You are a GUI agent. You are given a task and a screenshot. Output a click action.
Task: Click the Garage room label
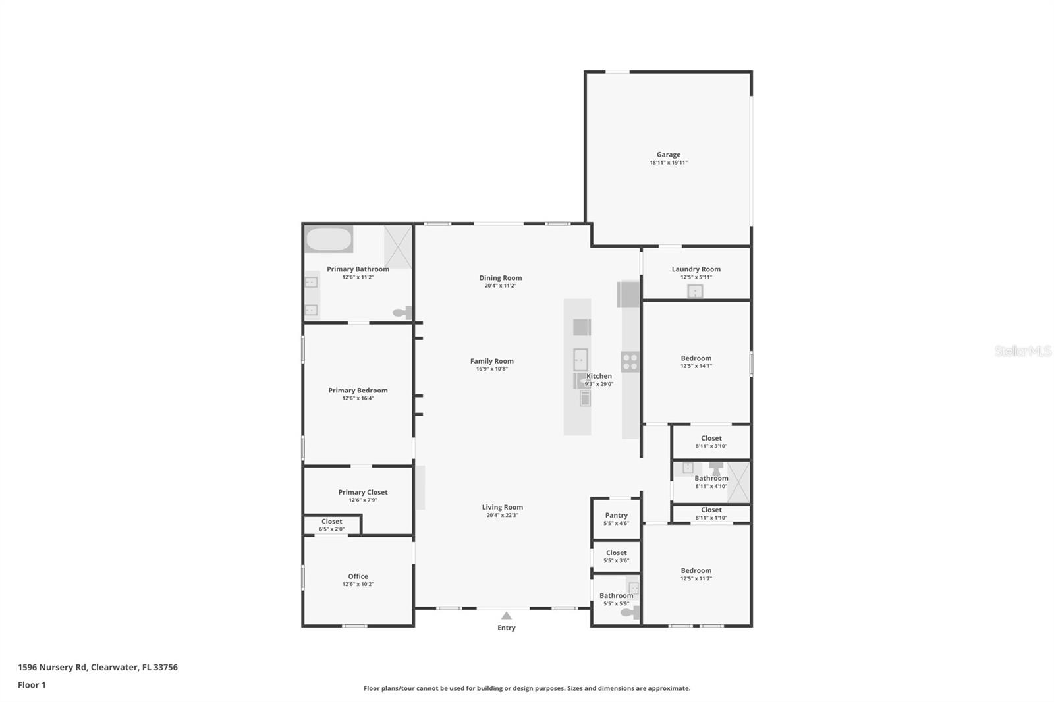point(668,155)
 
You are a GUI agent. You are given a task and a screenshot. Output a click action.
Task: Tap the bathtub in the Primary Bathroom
point(329,239)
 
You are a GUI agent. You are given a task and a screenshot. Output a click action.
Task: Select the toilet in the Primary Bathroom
point(402,313)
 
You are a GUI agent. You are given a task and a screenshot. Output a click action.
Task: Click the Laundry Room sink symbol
point(695,291)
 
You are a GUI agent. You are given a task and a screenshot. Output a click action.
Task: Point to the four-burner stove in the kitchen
point(630,362)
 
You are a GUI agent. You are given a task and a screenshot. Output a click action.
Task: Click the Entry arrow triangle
point(506,616)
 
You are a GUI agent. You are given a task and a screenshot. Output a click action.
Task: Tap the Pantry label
point(616,516)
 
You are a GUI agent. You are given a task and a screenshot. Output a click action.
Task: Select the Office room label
point(358,576)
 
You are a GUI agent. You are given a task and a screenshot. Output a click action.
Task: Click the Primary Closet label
point(362,492)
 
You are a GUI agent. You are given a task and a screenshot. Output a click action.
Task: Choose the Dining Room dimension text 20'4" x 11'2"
point(500,286)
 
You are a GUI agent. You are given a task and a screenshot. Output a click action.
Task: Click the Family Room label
point(491,361)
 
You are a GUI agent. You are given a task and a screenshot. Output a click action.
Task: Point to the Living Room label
point(502,507)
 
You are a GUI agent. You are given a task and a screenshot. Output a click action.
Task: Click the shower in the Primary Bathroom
point(398,247)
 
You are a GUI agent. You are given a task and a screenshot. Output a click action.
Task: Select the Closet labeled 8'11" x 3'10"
point(711,438)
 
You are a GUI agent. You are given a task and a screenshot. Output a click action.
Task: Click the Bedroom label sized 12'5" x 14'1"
point(696,358)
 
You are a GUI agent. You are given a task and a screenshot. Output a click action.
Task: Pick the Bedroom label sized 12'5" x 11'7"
point(696,570)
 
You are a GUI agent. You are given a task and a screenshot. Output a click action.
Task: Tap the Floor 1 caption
point(32,685)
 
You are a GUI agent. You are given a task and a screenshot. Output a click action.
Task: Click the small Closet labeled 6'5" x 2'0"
point(331,522)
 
